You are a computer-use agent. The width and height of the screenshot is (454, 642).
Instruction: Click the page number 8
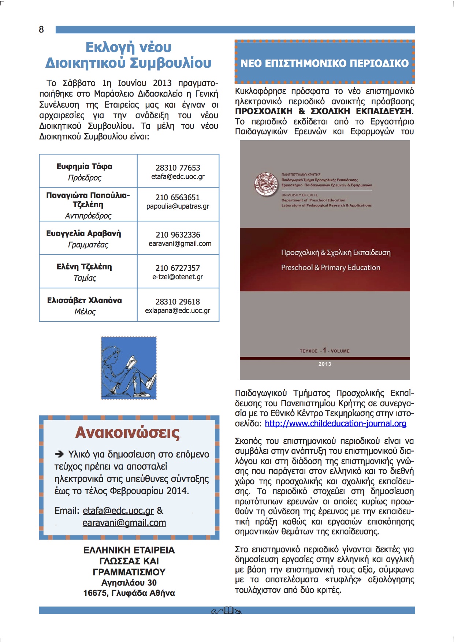click(x=41, y=30)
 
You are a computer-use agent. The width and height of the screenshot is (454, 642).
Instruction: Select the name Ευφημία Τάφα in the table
click(x=84, y=167)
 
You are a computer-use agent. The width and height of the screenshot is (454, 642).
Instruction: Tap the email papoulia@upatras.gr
click(x=178, y=206)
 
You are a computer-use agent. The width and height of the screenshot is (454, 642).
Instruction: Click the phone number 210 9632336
click(x=178, y=235)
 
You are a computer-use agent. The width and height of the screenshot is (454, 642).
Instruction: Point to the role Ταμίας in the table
click(x=85, y=278)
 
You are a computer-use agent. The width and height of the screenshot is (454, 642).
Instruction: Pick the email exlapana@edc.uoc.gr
click(x=178, y=311)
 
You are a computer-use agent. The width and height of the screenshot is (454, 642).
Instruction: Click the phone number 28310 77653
click(x=178, y=168)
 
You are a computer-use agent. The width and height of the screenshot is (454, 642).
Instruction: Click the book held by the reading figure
click(x=131, y=363)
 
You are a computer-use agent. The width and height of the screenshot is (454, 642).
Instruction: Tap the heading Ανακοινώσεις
click(x=127, y=433)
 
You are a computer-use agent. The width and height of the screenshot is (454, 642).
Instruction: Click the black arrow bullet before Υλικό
click(x=59, y=455)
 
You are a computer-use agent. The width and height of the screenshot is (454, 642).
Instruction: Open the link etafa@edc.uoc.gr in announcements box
click(x=118, y=511)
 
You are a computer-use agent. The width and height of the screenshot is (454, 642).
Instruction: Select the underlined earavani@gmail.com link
click(x=124, y=523)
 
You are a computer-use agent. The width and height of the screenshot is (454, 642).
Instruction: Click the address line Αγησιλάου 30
click(x=129, y=582)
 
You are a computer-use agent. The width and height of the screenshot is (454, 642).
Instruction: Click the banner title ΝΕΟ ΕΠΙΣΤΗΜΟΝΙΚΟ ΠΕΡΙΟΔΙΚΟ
click(x=324, y=63)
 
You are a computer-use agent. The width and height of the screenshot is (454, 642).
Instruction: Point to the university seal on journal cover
click(x=266, y=184)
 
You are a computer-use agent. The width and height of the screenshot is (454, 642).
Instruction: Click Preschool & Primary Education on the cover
click(x=331, y=268)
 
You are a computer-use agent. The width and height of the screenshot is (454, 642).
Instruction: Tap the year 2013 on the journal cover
click(x=325, y=364)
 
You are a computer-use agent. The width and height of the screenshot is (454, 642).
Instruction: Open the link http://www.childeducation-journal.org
click(x=335, y=423)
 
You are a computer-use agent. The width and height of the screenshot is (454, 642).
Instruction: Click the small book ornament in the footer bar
click(x=228, y=610)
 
